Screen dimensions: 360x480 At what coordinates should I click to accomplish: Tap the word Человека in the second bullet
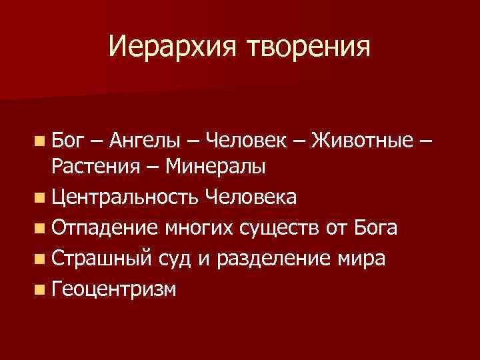252,198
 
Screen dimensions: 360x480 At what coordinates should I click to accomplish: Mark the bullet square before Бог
42,141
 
